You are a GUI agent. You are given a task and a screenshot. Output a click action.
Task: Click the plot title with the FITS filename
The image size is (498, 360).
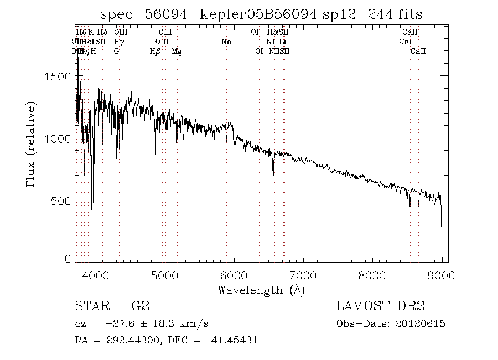pyautogui.click(x=262, y=14)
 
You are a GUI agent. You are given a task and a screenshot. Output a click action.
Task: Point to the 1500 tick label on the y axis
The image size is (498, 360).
pyautogui.click(x=58, y=76)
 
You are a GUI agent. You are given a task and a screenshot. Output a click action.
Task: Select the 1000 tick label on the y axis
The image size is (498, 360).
pyautogui.click(x=58, y=138)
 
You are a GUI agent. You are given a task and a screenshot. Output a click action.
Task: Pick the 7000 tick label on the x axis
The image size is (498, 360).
pyautogui.click(x=303, y=275)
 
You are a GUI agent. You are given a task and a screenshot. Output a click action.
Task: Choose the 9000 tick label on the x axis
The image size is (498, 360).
pyautogui.click(x=441, y=275)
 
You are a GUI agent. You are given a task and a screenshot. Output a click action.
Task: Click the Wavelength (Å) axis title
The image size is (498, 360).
pyautogui.click(x=261, y=289)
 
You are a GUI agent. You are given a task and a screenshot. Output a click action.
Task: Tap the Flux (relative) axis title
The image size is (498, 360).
pyautogui.click(x=31, y=144)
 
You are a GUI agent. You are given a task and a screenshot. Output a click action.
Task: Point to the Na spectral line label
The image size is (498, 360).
pyautogui.click(x=226, y=42)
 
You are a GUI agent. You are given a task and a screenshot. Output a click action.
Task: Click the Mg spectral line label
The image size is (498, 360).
pyautogui.click(x=177, y=52)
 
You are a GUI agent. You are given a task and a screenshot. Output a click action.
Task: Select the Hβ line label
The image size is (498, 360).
pyautogui.click(x=155, y=52)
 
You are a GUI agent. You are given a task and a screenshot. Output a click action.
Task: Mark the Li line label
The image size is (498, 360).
pyautogui.click(x=283, y=42)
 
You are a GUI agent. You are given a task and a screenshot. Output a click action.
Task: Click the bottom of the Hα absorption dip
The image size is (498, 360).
pyautogui.click(x=273, y=186)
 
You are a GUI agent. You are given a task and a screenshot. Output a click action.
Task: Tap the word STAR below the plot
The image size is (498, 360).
pyautogui.click(x=90, y=306)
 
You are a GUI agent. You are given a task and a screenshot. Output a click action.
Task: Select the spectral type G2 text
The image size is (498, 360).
pyautogui.click(x=140, y=306)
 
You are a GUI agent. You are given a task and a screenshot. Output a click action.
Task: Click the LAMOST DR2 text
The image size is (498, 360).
pyautogui.click(x=380, y=306)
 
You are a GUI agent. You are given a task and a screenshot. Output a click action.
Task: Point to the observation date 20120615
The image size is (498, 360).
pyautogui.click(x=422, y=323)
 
